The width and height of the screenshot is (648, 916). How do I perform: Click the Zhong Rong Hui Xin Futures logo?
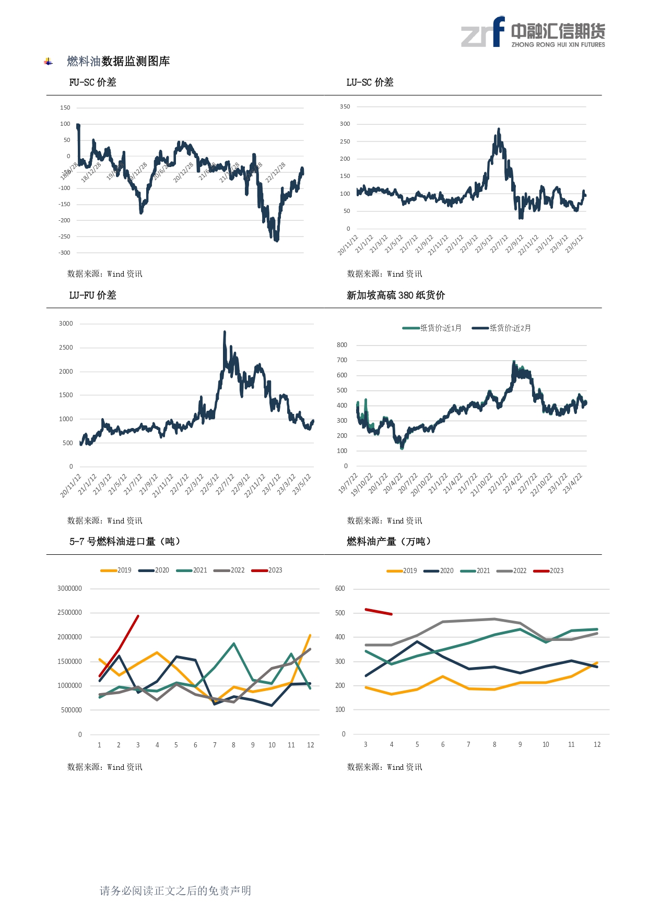pos(533,32)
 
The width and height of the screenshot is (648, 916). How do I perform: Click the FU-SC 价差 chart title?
pos(92,82)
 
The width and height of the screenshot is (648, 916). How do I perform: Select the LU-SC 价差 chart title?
pos(370,82)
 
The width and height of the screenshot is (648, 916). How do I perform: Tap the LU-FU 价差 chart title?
pos(92,295)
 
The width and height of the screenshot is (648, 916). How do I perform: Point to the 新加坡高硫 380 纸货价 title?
pos(395,295)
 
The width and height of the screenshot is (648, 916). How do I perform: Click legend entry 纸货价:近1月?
pos(432,328)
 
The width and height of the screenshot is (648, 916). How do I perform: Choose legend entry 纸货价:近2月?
pos(502,328)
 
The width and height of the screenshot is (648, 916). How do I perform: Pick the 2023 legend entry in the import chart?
pos(267,570)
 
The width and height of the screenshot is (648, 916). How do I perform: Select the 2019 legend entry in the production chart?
pos(402,571)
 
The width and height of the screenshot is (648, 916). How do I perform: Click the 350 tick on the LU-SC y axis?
pos(345,106)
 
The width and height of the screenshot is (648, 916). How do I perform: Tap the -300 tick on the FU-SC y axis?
pos(64,253)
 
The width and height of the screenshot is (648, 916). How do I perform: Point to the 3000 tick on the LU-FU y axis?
pos(66,324)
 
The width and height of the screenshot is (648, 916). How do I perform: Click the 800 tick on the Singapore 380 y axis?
pos(341,345)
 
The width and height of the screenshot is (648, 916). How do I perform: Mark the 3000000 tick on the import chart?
pos(69,589)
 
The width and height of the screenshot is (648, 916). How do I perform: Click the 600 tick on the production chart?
pos(340,589)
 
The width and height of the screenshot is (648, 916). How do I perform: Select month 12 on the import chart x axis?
pos(310,745)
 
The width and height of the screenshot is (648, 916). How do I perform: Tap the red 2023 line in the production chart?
pos(379,612)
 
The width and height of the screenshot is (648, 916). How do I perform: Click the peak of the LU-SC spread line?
pos(499,129)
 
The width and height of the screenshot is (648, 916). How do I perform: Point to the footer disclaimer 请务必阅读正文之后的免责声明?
pos(175,891)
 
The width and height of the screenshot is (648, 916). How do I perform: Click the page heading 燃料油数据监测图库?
pos(118,62)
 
